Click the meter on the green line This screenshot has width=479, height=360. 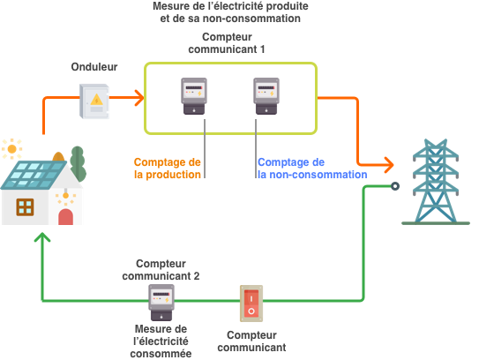pos(161,304)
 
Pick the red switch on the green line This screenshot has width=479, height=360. pos(251,304)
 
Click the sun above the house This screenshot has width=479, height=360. pos(11,148)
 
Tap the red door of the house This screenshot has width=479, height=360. pos(65,214)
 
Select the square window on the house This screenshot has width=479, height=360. pos(26,207)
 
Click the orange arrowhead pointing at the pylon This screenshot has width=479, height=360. pos(387,164)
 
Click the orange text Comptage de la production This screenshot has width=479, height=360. pos(168,169)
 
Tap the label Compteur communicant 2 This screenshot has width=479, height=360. pos(162,270)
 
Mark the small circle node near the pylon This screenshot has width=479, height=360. pos(395,186)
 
